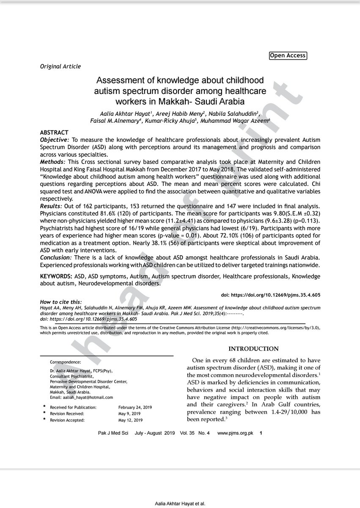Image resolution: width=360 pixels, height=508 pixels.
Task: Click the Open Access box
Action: coord(287,55)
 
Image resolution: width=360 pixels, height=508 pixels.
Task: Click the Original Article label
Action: coord(60,66)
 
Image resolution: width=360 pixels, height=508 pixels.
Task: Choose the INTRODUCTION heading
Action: coord(253,349)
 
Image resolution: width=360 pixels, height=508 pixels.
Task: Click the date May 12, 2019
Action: coord(131,420)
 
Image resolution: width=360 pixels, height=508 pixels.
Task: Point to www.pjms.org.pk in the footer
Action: coord(235,433)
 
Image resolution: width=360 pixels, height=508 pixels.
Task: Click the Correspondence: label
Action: coord(65,362)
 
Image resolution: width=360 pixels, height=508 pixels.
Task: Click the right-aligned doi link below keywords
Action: coord(270,294)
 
